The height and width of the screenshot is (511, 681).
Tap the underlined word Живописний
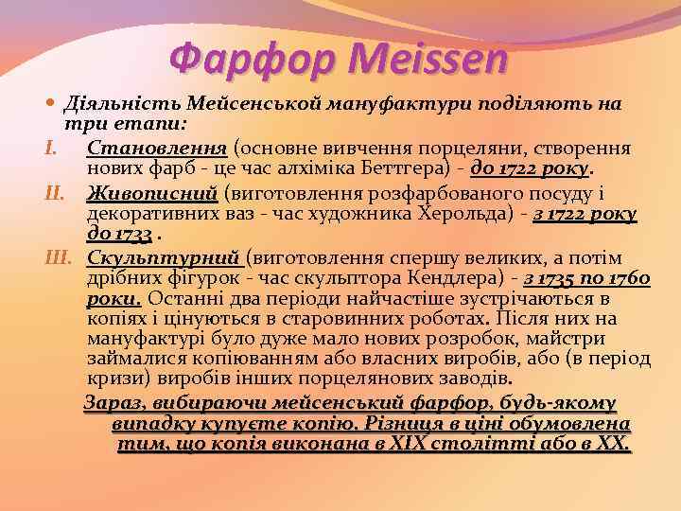(151, 194)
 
